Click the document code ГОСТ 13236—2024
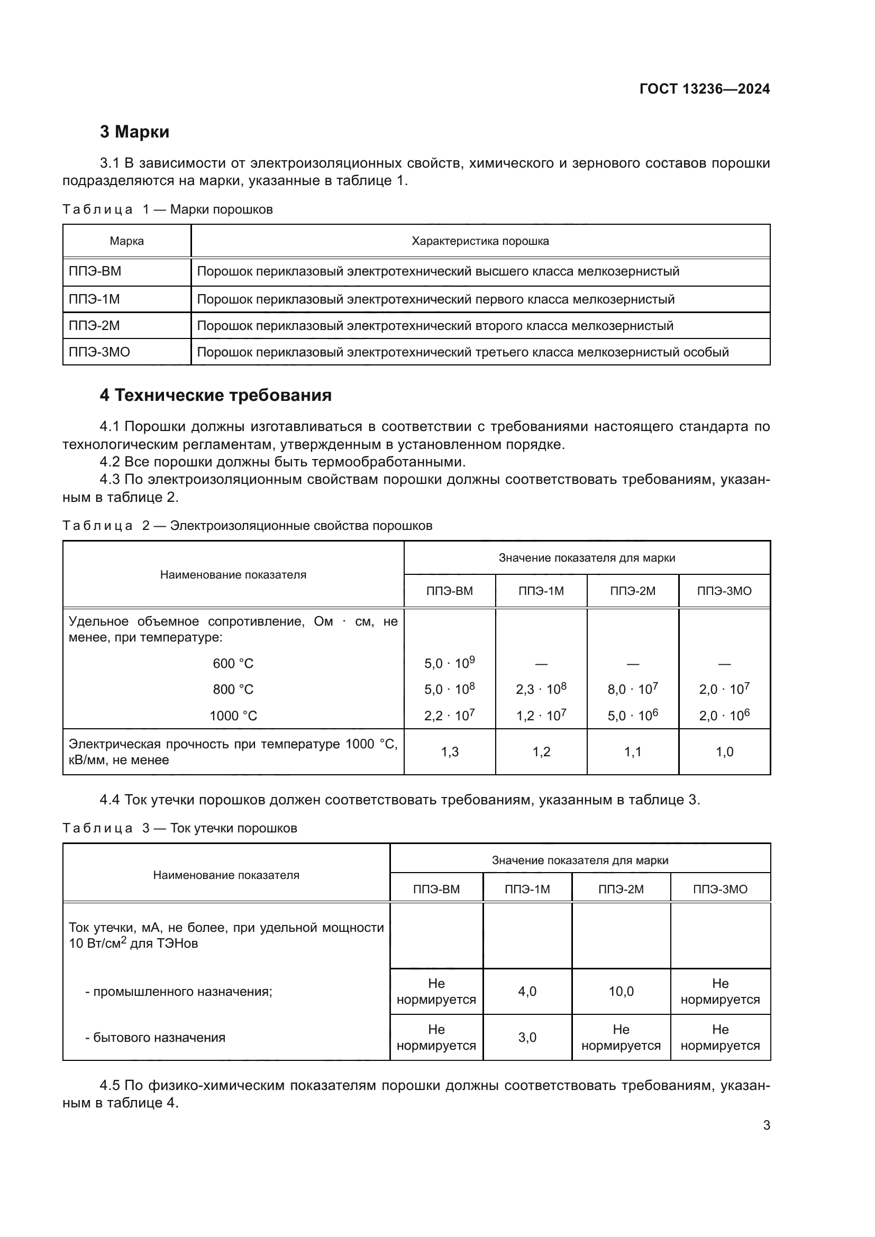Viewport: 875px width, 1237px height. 704,89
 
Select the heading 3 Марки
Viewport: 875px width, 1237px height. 134,132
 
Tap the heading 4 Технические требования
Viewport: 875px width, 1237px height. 215,395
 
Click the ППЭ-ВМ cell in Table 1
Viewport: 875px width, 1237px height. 95,271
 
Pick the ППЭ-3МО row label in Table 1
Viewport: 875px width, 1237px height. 99,352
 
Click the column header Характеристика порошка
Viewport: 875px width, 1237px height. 480,241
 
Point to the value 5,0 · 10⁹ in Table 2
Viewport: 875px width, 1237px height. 449,663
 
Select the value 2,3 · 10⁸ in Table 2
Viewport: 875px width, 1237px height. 541,689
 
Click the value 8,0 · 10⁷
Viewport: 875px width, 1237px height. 633,689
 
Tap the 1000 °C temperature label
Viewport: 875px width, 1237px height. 233,716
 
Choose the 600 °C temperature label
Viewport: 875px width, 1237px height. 233,663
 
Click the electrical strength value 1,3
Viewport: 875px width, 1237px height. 449,752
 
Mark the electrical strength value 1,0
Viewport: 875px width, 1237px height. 724,752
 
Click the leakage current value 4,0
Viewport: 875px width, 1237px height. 527,991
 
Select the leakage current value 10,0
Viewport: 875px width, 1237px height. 621,991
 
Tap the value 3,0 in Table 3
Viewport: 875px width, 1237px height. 527,1037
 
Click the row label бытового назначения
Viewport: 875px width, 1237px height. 155,1037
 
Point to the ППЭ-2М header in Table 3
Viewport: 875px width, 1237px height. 621,889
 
